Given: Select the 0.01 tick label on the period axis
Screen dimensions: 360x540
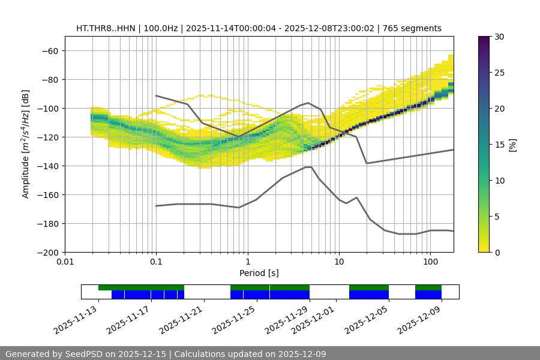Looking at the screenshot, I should pyautogui.click(x=65, y=262).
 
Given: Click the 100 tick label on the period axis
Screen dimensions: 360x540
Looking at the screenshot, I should pyautogui.click(x=430, y=262).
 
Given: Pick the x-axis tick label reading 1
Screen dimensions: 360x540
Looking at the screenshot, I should pyautogui.click(x=247, y=262).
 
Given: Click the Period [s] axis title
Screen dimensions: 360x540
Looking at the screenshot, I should pyautogui.click(x=259, y=273).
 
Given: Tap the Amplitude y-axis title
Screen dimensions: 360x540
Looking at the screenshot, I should pyautogui.click(x=26, y=144).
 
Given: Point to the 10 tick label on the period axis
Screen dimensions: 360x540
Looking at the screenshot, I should pyautogui.click(x=338, y=262).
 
